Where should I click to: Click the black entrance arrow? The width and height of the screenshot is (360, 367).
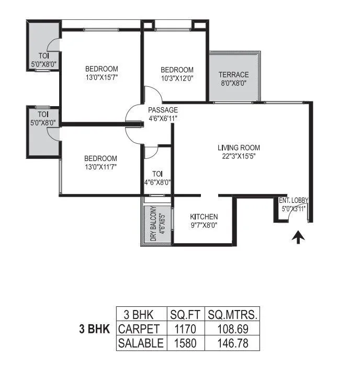(298, 238)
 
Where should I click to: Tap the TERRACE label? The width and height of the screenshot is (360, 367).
(233, 74)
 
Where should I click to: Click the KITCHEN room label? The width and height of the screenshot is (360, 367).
(204, 216)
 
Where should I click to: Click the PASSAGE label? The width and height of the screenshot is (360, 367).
(163, 110)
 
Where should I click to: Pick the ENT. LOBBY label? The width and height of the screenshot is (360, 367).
(294, 200)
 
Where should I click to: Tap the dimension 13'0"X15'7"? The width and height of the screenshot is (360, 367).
(102, 77)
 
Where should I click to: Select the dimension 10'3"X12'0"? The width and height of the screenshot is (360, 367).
(177, 78)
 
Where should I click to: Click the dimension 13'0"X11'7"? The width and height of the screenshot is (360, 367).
(102, 167)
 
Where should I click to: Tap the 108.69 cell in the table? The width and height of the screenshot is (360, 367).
(232, 329)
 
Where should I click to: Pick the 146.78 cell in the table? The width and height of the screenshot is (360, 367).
(232, 343)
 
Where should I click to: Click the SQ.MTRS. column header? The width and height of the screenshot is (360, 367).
(232, 315)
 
